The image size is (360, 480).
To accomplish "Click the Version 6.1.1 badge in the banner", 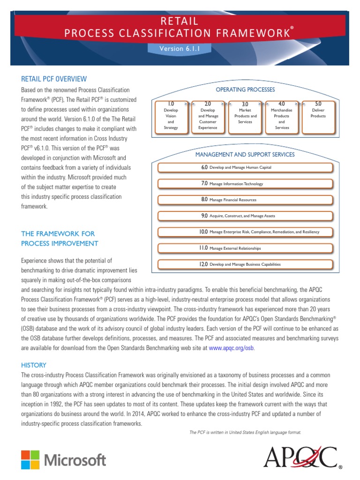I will point(180,48).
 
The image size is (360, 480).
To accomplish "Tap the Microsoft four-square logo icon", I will point(30,459).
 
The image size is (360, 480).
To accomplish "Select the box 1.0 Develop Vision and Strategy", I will point(171,116).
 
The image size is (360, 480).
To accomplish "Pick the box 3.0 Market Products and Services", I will point(245,116).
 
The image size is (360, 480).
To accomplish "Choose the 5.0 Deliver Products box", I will point(318,116).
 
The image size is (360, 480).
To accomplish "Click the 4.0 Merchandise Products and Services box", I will point(282,116).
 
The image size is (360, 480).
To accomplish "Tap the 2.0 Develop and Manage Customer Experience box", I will point(208,116).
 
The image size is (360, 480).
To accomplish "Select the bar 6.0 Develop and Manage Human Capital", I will point(245,167).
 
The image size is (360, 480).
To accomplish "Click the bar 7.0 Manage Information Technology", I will point(245,184).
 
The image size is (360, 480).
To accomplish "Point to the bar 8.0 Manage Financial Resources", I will point(245,200).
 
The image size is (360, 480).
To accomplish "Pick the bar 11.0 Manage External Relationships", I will point(245,248).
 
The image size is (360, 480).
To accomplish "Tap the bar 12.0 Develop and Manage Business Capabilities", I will point(245,264).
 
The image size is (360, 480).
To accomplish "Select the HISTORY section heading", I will point(34,365).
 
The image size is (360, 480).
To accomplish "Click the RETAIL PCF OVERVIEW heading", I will point(54,79).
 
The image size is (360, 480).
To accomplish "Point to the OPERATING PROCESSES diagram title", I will point(245,90).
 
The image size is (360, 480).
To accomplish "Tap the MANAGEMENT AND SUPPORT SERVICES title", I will point(245,154).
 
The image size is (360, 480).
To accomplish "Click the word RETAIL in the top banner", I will point(180,21).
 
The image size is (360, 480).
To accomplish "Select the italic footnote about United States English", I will point(245,432).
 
